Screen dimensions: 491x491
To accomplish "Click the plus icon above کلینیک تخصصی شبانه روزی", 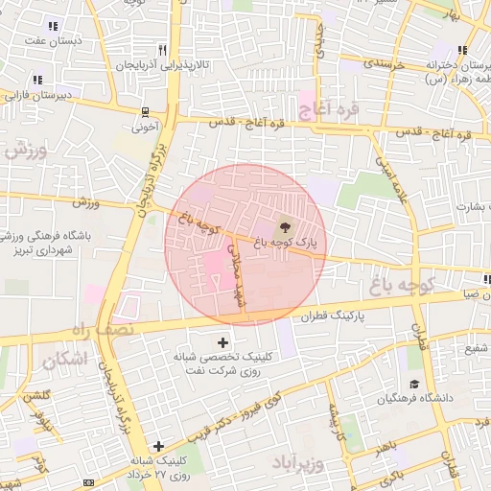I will tap(223, 341).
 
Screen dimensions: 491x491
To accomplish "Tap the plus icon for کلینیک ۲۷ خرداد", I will tap(158, 446).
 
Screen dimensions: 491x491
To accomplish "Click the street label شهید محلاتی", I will tap(233, 273).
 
